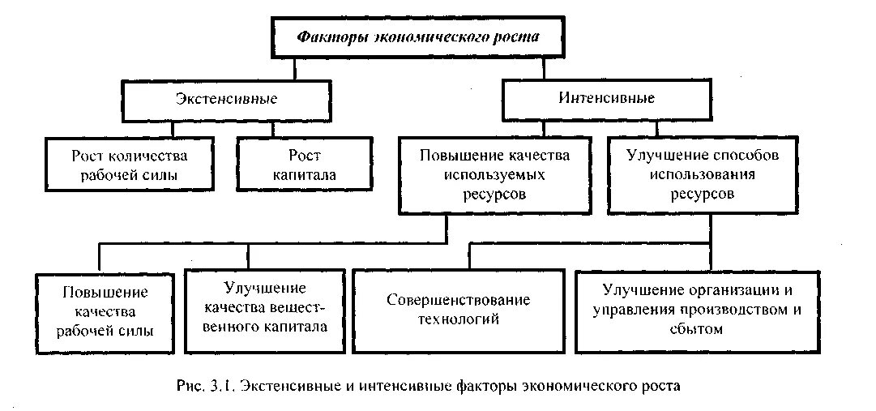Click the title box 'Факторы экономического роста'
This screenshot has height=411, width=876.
coord(417,37)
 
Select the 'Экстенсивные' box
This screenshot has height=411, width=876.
coord(226,99)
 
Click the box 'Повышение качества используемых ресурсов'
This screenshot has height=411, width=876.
coord(494,173)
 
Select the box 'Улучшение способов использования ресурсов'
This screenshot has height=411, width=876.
coord(703,173)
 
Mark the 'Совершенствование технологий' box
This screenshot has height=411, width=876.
coord(458,310)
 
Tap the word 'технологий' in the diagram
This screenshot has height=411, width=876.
coord(458,319)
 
